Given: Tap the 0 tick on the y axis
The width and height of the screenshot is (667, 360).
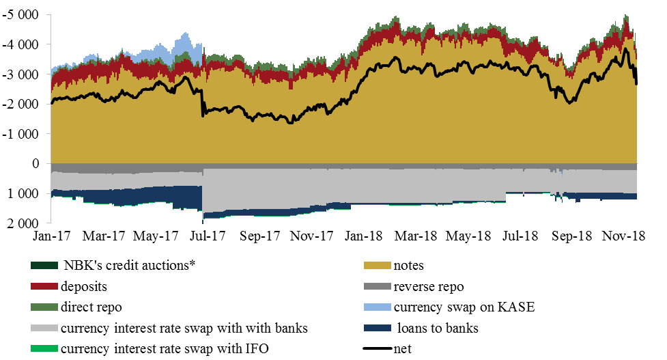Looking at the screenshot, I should (37, 164).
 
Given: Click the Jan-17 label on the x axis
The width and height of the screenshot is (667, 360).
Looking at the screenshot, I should (51, 236).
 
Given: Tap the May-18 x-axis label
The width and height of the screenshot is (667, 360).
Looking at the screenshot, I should (468, 236).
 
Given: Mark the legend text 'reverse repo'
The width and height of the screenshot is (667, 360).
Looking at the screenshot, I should (427, 286).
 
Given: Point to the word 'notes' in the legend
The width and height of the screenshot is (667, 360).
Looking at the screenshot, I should (409, 266).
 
